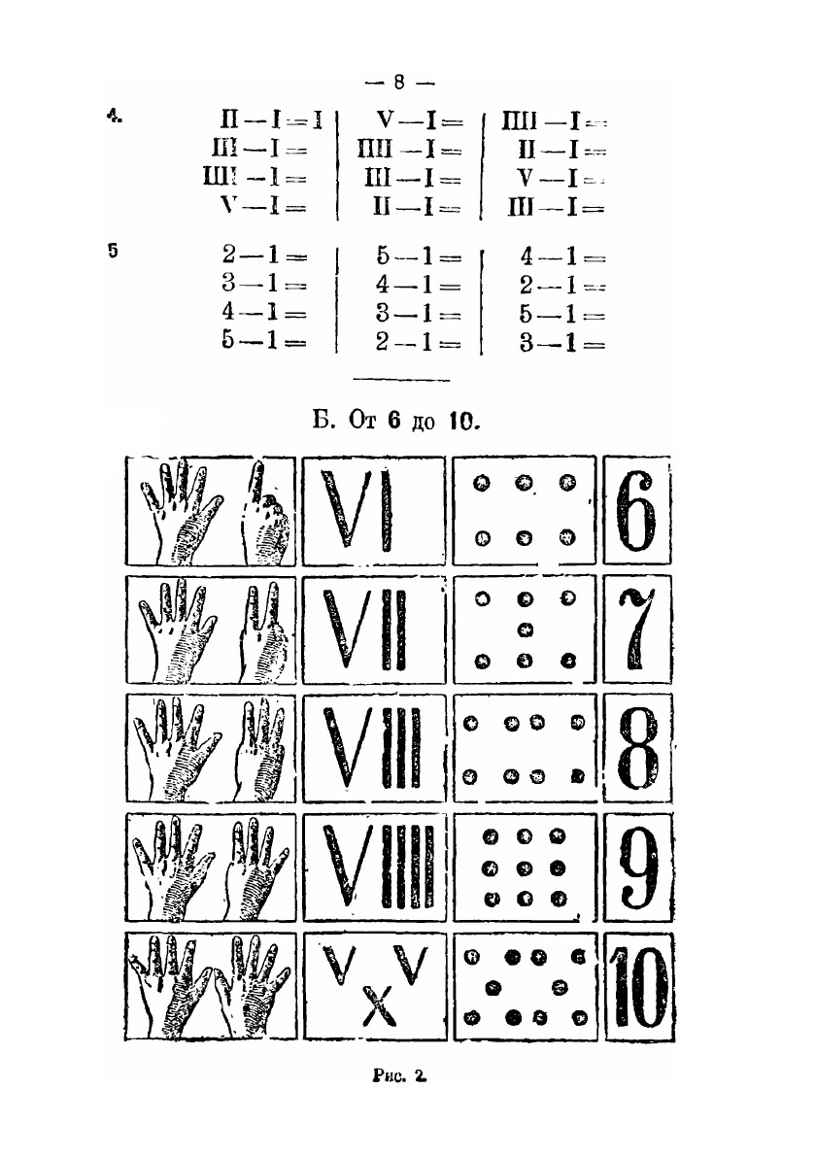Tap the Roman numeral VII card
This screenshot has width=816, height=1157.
[x=372, y=630]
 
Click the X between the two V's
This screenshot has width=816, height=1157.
[x=374, y=1007]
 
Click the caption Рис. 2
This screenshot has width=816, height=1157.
[x=399, y=1076]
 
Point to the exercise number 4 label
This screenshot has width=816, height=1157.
[x=115, y=119]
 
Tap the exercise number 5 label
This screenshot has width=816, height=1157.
[x=114, y=251]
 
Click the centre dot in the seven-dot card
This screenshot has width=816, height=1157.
[x=527, y=630]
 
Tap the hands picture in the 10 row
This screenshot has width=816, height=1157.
[x=211, y=986]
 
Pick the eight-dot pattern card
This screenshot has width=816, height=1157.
[x=526, y=749]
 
